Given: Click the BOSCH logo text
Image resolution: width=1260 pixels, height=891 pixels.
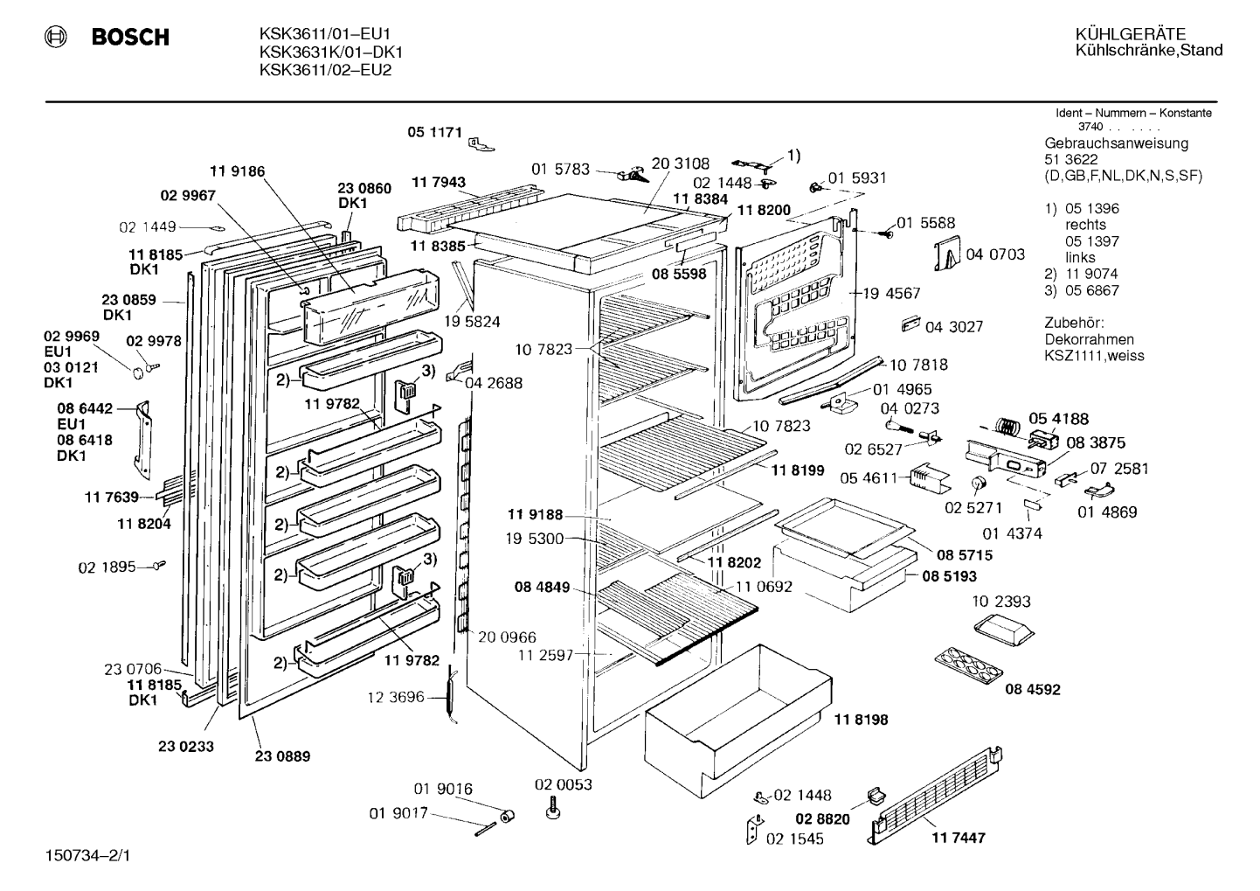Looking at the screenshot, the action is [130, 37].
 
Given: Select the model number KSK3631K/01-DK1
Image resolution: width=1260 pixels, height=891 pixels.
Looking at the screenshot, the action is [331, 52].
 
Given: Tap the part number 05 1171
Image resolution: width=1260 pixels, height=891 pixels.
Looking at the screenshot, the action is [435, 132].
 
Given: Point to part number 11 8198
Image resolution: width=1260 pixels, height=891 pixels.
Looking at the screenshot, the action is [861, 720].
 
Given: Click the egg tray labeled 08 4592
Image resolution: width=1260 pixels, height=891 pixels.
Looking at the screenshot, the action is [969, 666].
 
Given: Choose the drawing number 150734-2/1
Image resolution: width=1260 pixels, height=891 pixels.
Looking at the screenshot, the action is [87, 856].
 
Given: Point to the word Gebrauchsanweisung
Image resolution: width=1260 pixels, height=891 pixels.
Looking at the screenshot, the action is [1117, 143].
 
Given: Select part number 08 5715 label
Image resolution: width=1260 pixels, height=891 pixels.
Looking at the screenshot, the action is [965, 555].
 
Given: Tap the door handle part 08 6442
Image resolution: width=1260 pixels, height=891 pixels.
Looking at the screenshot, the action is [143, 440].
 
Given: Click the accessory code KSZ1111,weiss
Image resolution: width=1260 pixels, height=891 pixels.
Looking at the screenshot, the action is [1094, 356].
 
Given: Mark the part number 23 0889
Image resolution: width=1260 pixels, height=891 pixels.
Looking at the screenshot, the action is [282, 756].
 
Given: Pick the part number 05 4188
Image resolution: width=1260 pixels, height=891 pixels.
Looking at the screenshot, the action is [1059, 419].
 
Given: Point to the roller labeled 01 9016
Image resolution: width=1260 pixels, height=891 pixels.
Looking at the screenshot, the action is [508, 816].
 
